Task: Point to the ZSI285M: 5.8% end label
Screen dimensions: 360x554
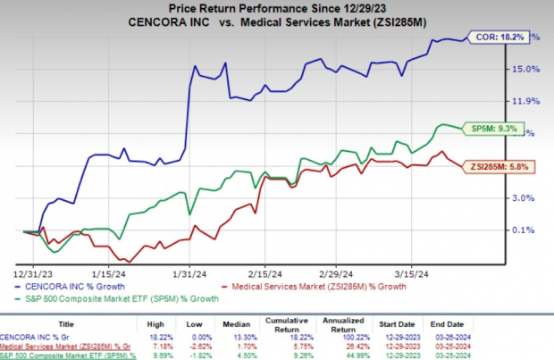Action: tap(490, 166)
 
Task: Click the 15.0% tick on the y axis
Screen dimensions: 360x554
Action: tap(528, 69)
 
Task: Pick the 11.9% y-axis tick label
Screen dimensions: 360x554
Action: tap(528, 101)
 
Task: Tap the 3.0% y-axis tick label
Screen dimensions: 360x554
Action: tap(526, 198)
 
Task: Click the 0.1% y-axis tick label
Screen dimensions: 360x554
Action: tap(526, 230)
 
